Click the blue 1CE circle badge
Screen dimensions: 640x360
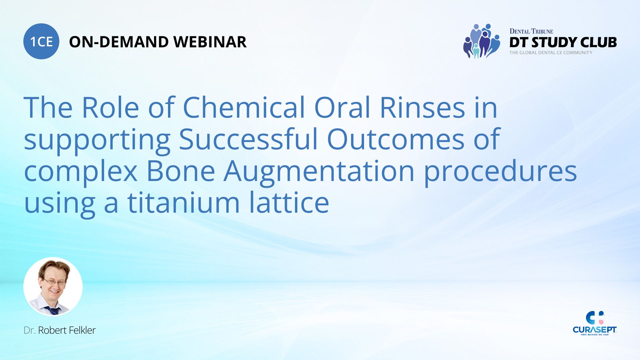41,41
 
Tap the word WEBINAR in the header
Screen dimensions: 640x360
210,42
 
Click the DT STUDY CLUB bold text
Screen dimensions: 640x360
563,42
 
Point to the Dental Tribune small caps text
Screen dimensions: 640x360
531,31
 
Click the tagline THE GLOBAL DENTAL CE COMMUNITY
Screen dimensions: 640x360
551,53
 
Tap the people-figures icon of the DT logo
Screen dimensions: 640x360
481,41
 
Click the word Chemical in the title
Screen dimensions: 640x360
244,107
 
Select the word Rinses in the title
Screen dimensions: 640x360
422,107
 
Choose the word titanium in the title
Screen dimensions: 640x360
184,202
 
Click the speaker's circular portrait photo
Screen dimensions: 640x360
53,287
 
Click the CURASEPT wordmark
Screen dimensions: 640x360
595,330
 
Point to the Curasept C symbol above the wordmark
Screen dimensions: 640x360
594,318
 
